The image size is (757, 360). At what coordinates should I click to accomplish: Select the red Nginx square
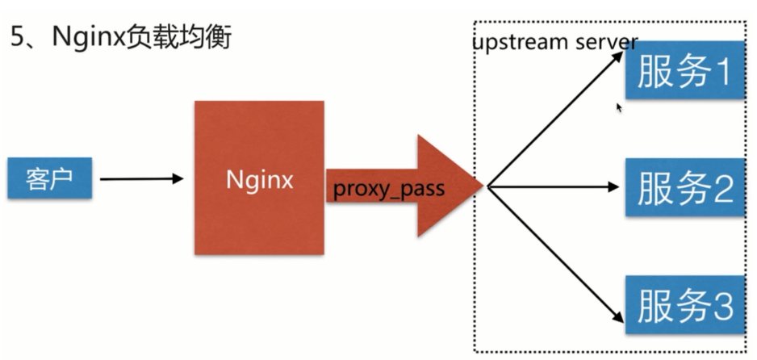click(x=259, y=178)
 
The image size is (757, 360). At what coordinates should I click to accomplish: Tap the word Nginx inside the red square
click(x=259, y=179)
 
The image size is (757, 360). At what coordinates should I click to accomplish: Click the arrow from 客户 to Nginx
click(x=141, y=178)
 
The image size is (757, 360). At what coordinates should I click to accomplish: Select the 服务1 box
click(x=685, y=73)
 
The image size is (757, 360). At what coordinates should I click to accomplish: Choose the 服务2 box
click(x=685, y=187)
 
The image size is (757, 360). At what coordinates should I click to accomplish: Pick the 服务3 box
click(x=685, y=305)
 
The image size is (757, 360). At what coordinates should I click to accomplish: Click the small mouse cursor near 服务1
click(x=619, y=107)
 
